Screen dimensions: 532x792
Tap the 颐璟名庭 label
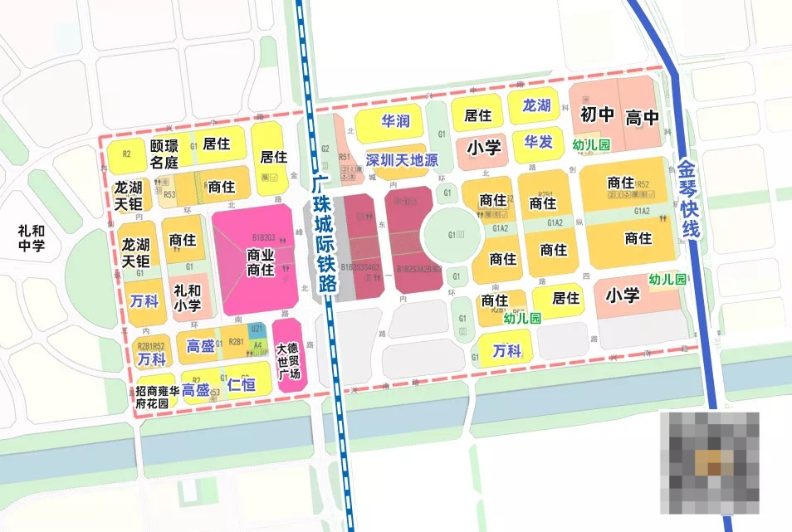[x=164, y=154]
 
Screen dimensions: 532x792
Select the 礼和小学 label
[x=187, y=298]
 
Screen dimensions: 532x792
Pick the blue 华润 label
[x=395, y=121]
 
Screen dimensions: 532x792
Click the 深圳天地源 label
[x=402, y=159]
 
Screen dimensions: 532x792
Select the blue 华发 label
[x=538, y=142]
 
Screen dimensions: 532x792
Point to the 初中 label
[x=596, y=115]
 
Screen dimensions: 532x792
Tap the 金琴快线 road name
[x=689, y=200]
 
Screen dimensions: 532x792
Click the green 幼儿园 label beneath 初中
[x=591, y=145]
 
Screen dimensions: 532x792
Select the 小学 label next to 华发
[x=483, y=148]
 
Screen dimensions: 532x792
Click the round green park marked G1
[x=452, y=235]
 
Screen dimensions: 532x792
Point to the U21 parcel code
[x=256, y=329]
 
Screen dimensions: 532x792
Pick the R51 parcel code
[x=345, y=156]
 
